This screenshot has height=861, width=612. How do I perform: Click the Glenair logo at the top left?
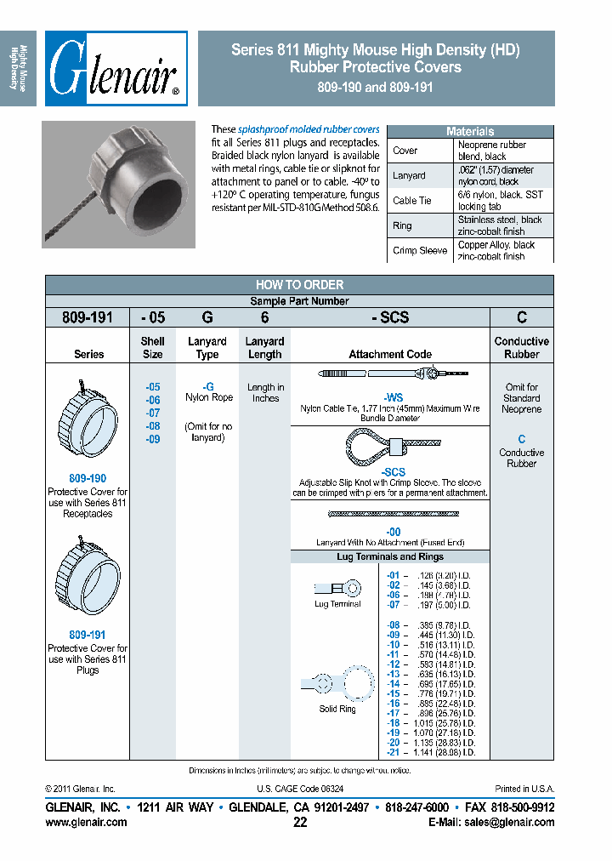(x=116, y=69)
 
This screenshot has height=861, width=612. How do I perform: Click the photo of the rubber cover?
(x=118, y=184)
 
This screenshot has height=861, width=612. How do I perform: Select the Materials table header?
(x=470, y=132)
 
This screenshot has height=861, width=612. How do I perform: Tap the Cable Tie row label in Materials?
(x=411, y=201)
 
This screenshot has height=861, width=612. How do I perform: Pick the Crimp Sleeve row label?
(x=420, y=250)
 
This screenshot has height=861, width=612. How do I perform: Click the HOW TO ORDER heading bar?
(x=299, y=285)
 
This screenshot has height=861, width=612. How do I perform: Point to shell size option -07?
(x=152, y=413)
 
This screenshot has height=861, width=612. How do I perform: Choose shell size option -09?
(x=152, y=439)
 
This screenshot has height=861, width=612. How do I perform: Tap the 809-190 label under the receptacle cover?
(x=88, y=479)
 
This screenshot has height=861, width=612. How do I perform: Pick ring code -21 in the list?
(x=393, y=753)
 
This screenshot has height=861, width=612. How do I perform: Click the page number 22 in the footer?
(x=300, y=823)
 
